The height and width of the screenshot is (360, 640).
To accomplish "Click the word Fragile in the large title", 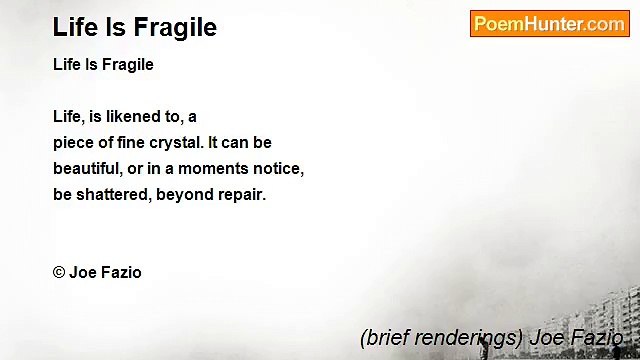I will [176, 27].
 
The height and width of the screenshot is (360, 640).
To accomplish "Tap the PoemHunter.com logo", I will [549, 24].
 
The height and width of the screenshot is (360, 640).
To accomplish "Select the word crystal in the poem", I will [176, 143].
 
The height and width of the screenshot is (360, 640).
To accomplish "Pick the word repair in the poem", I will [241, 195].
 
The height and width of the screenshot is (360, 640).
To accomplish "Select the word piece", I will [73, 143].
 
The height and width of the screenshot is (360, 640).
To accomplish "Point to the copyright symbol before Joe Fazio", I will [59, 273].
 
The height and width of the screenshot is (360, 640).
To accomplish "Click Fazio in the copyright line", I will [121, 273].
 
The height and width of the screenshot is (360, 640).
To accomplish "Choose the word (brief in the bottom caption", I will [383, 338].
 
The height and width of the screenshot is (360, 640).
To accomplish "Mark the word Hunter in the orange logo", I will [556, 24].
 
